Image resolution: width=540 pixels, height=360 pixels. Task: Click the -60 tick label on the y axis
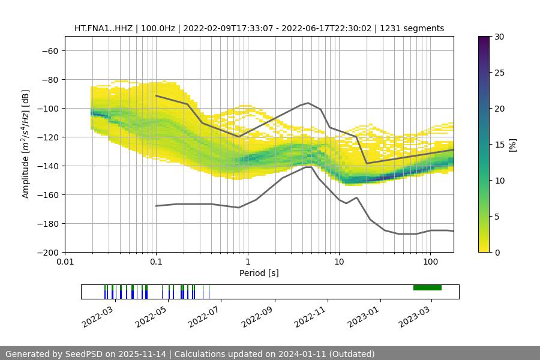pos(50,51)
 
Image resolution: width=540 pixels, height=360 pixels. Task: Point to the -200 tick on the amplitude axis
pos(47,253)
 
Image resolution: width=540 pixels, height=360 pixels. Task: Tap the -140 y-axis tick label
pos(47,166)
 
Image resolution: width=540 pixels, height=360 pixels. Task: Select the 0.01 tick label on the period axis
pos(65,262)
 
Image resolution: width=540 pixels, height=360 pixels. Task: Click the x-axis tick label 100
pos(430,262)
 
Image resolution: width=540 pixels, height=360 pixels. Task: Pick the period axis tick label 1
pos(248,262)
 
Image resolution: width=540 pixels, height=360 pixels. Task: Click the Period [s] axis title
pos(259,273)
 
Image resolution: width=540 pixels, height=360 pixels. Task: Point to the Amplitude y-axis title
pos(26,145)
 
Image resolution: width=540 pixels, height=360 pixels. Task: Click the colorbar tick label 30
pos(499,37)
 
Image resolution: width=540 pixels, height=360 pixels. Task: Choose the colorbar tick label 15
pos(499,145)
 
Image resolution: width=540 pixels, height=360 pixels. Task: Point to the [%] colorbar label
pos(512,145)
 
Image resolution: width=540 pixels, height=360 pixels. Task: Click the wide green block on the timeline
pos(427,287)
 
